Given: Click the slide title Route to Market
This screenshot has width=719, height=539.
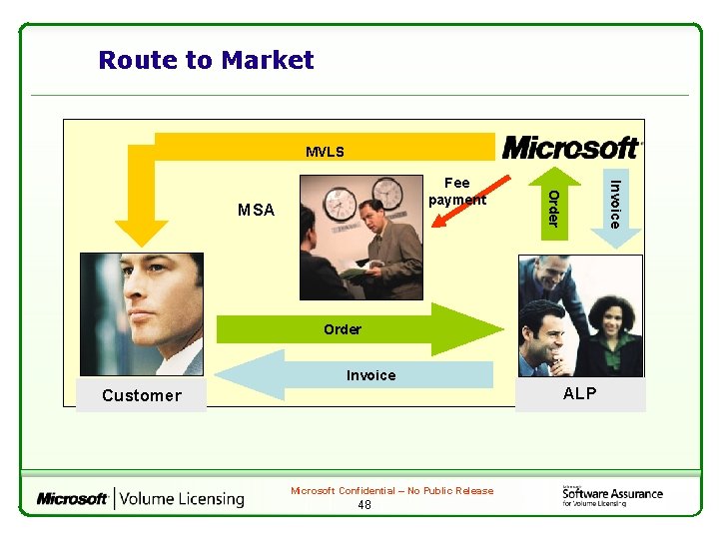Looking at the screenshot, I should click(x=206, y=61).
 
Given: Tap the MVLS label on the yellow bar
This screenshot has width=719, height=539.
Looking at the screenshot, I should click(x=325, y=153).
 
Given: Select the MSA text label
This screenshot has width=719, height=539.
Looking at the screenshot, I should click(x=256, y=210).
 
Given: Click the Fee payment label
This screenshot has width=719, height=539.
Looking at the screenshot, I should click(x=456, y=191).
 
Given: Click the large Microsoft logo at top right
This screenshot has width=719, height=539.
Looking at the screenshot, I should click(x=572, y=147).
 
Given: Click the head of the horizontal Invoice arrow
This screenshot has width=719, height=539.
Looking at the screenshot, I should click(x=240, y=375).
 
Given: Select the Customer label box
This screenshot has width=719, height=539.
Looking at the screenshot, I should click(x=142, y=395).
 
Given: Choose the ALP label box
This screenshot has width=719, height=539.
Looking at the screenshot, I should click(x=580, y=393).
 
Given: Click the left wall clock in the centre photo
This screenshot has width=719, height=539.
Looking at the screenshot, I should click(x=341, y=204).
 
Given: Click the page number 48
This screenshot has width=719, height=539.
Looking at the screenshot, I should click(x=363, y=505).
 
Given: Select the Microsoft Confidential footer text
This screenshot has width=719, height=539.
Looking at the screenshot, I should click(x=391, y=490).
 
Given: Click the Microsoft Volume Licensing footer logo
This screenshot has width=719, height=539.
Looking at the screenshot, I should click(x=140, y=498).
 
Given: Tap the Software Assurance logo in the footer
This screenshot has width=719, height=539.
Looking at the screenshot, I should click(x=611, y=495).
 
